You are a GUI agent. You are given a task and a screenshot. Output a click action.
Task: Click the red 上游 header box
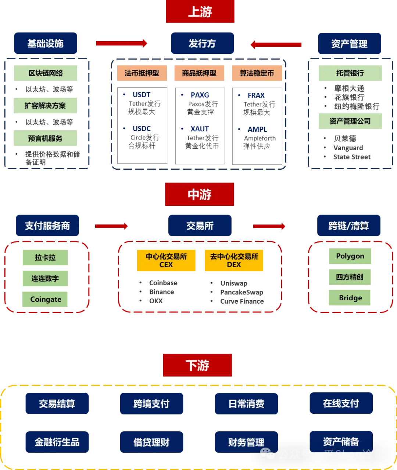tap(200, 12)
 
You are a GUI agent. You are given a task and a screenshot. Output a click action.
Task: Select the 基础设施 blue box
tap(46, 43)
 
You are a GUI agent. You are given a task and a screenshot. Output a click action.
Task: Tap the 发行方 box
tap(202, 43)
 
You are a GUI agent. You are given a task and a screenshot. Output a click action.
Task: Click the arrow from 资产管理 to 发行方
tap(276, 45)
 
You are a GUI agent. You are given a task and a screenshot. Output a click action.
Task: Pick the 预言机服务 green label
tap(45, 138)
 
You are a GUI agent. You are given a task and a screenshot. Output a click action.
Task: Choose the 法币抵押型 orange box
tap(142, 73)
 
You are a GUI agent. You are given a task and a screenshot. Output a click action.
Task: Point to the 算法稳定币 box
tap(256, 73)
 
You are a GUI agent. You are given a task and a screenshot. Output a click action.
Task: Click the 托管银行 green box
tap(350, 73)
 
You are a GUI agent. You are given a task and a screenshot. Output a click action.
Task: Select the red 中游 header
tap(200, 194)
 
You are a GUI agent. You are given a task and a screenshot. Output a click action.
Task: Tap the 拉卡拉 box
tap(45, 257)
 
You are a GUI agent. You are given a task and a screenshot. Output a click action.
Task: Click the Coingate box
tap(45, 299)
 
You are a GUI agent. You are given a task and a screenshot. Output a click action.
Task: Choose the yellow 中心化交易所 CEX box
tap(166, 260)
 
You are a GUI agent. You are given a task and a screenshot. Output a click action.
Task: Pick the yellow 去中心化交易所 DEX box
tap(234, 260)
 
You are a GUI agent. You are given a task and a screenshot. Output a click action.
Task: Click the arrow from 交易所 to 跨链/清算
tap(269, 226)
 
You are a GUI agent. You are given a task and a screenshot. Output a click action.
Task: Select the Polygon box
tap(350, 256)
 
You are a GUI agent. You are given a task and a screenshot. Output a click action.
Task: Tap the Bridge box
tap(350, 298)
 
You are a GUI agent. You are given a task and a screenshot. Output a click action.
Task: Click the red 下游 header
tap(197, 365)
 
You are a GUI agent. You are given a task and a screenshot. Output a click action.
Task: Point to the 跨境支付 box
tap(151, 404)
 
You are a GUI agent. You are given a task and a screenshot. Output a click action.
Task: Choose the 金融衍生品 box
tap(57, 442)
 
